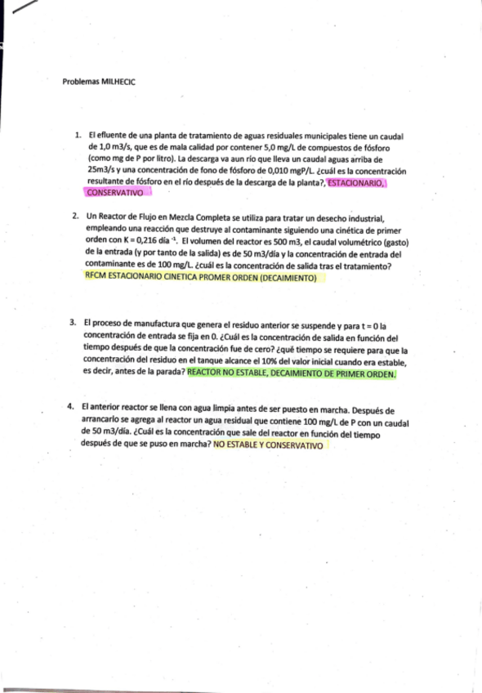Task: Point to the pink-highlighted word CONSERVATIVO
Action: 114,193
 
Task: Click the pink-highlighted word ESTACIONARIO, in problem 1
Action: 356,183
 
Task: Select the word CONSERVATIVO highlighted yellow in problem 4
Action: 294,446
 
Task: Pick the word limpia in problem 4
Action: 216,409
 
